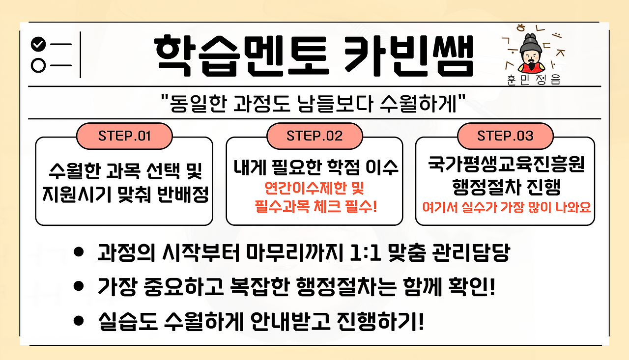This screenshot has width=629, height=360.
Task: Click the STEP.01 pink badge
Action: (x=124, y=136)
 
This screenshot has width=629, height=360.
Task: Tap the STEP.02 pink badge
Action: (x=314, y=136)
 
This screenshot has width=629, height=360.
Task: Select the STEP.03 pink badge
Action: (x=505, y=136)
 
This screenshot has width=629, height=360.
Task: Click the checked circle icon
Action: (x=38, y=45)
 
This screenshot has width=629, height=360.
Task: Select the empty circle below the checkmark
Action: (x=38, y=65)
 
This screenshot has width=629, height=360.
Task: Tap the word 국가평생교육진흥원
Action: (x=505, y=166)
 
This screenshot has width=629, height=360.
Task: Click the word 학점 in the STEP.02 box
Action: (x=344, y=168)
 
